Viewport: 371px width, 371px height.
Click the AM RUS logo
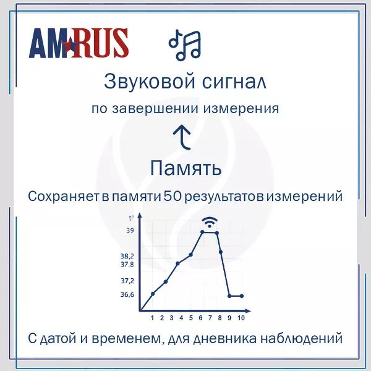click(x=79, y=43)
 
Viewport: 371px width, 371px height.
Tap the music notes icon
click(x=185, y=45)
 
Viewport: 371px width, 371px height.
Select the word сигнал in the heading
click(x=234, y=82)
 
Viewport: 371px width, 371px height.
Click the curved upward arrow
click(x=182, y=137)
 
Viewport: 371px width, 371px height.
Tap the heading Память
click(x=185, y=168)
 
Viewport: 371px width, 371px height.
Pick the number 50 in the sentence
click(x=173, y=196)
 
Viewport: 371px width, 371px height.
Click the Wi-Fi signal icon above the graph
click(x=210, y=222)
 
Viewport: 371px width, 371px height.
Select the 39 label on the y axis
click(x=130, y=231)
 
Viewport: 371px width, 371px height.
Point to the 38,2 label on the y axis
click(x=127, y=256)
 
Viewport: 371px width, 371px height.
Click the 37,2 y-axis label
click(x=127, y=281)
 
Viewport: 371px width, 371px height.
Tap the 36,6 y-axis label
click(x=127, y=294)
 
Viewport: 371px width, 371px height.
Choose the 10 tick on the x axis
click(x=241, y=318)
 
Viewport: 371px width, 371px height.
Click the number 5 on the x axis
click(x=190, y=318)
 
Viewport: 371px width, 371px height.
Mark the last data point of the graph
click(x=242, y=296)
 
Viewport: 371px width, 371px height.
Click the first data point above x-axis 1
click(x=153, y=294)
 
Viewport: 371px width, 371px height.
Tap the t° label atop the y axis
click(x=131, y=218)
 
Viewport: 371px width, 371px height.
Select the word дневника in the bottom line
click(x=225, y=338)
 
